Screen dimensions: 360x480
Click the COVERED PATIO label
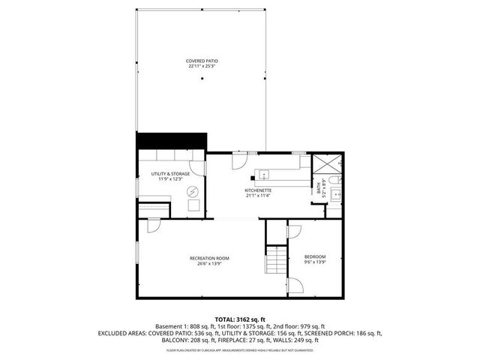point(202,61)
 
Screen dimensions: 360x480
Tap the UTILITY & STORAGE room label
point(170,174)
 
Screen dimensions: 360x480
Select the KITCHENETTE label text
point(258,190)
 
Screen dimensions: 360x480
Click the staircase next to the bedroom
point(276,261)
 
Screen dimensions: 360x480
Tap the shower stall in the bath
point(326,165)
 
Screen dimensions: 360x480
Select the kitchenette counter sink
point(264,175)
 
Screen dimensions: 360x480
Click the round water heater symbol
point(194,191)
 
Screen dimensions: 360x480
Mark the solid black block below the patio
point(171,141)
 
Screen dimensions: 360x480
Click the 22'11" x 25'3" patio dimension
point(202,67)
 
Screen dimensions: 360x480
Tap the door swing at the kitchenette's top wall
point(238,160)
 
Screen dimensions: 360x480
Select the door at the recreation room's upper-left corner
point(154,224)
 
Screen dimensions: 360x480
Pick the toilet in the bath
point(337,181)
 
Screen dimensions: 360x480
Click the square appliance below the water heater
point(194,206)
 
